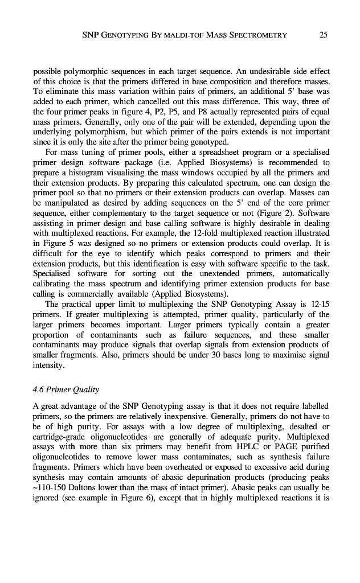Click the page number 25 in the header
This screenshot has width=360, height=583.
pos(323,35)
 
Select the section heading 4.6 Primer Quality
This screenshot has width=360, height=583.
pos(66,389)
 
